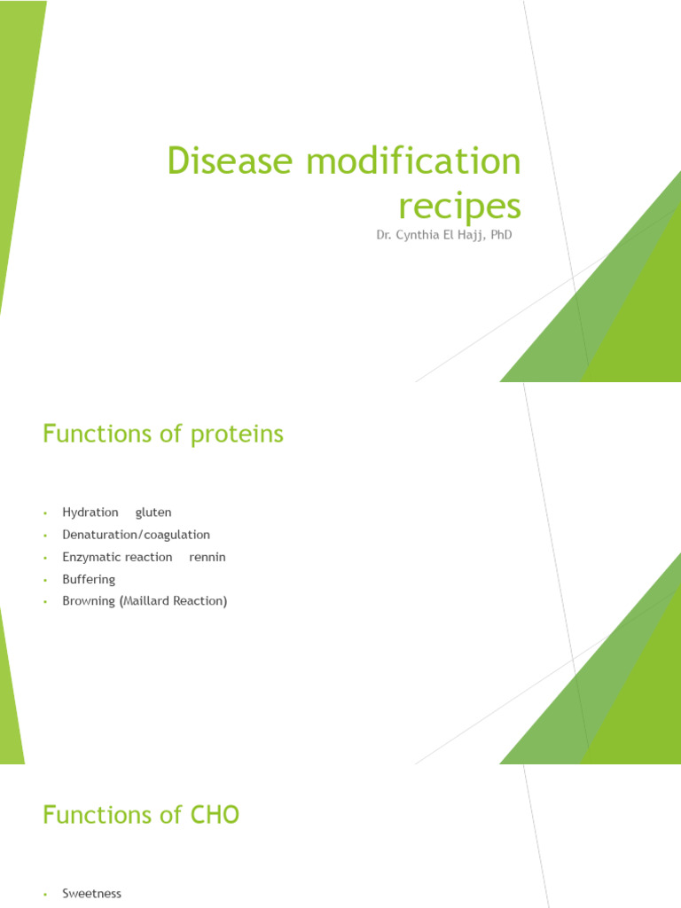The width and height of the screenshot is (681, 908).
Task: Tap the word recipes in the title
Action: tap(458, 207)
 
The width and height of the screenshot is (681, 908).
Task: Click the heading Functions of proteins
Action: tap(163, 434)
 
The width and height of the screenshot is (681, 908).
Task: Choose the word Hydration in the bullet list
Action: tap(90, 513)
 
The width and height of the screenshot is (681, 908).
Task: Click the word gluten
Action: tap(153, 513)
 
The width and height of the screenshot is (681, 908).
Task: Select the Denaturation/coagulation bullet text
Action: tap(136, 535)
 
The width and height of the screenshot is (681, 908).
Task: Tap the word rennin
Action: tap(207, 557)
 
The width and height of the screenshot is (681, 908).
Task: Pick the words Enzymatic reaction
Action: tap(117, 557)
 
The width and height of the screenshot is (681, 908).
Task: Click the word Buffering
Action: tap(89, 579)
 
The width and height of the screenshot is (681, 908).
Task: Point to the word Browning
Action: tap(89, 601)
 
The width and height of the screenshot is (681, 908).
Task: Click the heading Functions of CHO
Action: tap(141, 815)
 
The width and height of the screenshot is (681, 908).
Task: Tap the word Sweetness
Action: tap(91, 894)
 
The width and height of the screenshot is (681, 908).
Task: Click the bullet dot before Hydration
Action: tap(43, 513)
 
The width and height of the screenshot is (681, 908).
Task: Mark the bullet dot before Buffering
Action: tap(43, 580)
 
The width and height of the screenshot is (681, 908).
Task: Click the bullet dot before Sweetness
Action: tap(43, 895)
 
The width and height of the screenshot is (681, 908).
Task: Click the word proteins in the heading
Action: tap(239, 434)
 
